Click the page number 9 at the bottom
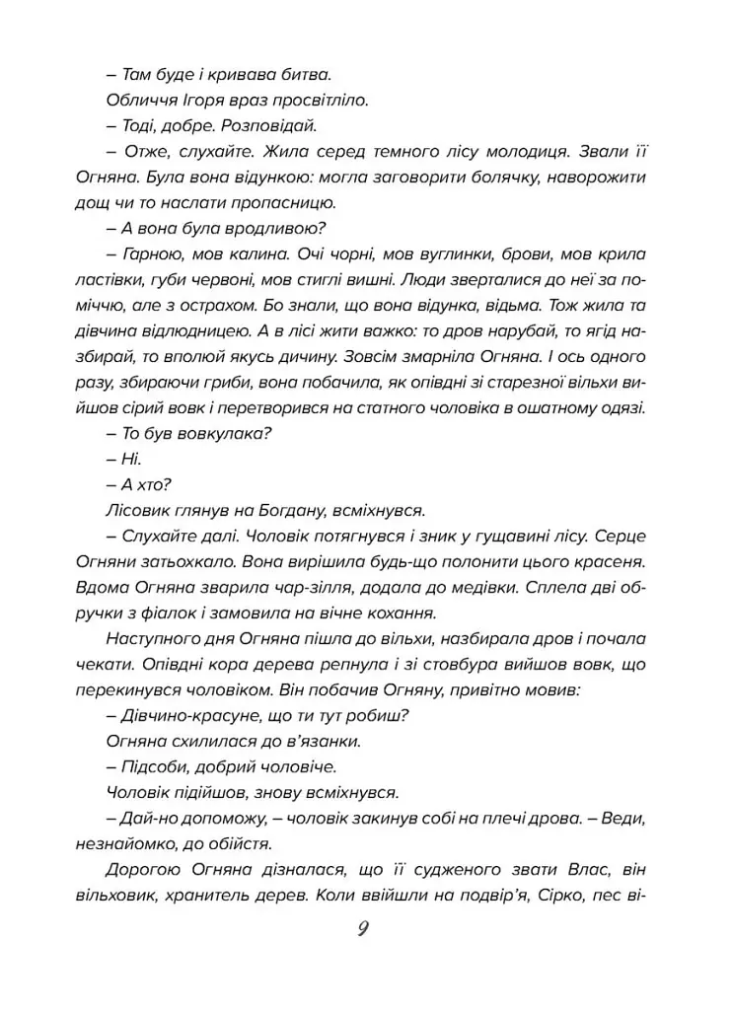[362, 929]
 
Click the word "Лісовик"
[134, 511]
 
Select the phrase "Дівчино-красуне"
[187, 716]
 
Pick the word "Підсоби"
[150, 767]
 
